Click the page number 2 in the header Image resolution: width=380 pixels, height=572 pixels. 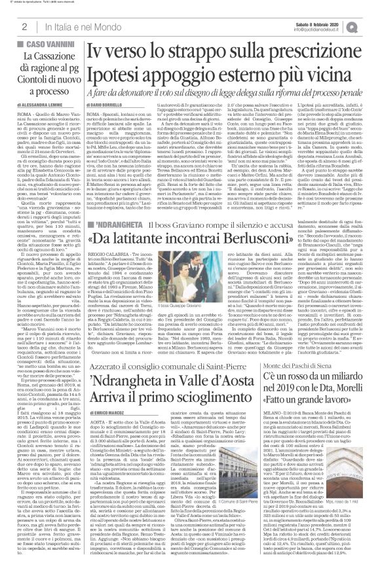point(24,26)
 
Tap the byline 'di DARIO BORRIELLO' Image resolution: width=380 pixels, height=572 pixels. point(109,105)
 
